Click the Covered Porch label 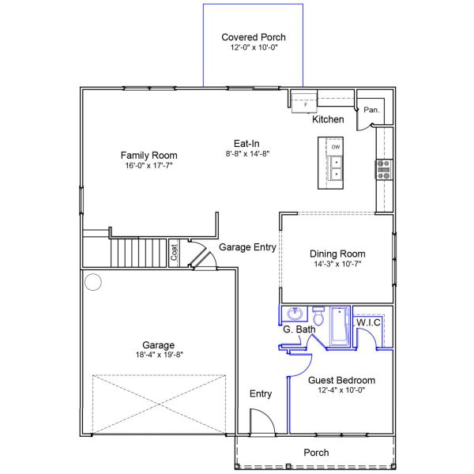pos(254,37)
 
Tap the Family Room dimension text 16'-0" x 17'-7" pos(149,165)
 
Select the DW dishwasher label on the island pos(336,147)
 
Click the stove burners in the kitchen pos(384,170)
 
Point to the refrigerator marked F pos(304,103)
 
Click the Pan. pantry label pos(371,110)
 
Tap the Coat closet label pos(174,252)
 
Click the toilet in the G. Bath pos(318,316)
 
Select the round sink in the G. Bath pos(295,314)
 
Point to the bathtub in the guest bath pos(340,326)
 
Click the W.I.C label pos(368,322)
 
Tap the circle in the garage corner pos(93,282)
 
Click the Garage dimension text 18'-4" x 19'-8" pos(160,355)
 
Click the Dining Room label pos(337,254)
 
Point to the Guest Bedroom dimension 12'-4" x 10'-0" pos(341,390)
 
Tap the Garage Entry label pos(247,247)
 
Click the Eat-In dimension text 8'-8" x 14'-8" pos(247,153)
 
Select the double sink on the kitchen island pos(336,168)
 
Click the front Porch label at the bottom pos(316,453)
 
